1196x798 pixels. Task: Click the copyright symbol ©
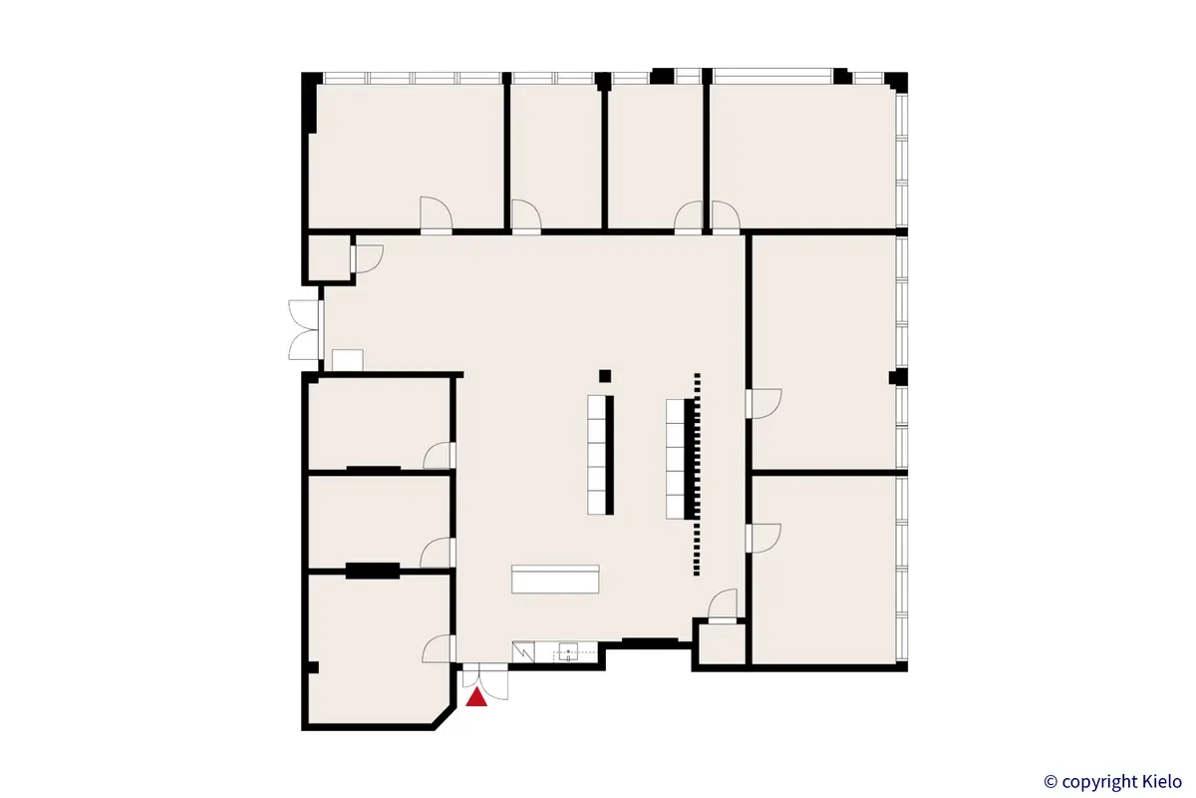click(1049, 781)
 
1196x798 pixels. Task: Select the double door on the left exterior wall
click(305, 328)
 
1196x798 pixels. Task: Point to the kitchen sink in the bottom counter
click(567, 653)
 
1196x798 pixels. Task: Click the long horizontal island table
click(556, 580)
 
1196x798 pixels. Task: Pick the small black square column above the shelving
click(604, 375)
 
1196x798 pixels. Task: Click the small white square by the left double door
click(347, 360)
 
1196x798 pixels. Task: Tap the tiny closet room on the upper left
click(327, 257)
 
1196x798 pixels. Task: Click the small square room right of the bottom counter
click(721, 644)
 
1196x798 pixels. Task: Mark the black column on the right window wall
click(896, 376)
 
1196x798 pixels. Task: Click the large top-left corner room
click(405, 155)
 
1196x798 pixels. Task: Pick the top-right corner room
click(802, 155)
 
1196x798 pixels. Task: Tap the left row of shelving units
click(601, 454)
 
